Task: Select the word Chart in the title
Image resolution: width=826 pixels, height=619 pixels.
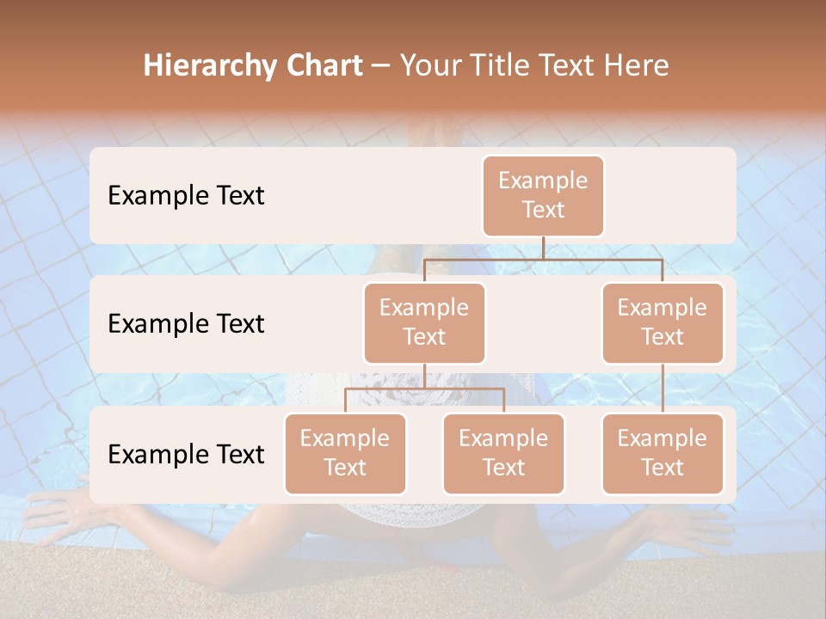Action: point(320,66)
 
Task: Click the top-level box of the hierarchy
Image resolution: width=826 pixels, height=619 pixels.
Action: point(543,195)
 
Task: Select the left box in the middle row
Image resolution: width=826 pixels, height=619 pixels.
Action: point(424,322)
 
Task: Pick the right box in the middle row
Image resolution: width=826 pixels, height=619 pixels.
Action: point(663,322)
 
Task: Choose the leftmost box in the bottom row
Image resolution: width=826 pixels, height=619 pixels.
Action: point(345,453)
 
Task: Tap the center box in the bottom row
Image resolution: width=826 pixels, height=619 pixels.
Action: point(503,453)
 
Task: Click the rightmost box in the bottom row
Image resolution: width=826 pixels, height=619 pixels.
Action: point(663,453)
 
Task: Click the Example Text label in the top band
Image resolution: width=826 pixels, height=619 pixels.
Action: point(186,196)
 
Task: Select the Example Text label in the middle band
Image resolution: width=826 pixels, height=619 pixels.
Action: point(186,324)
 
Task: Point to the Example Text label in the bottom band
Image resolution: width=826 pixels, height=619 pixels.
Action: point(186,454)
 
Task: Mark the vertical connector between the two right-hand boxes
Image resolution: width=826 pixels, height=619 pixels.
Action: point(663,389)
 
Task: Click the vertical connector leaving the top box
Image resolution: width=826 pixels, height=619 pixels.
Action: point(543,248)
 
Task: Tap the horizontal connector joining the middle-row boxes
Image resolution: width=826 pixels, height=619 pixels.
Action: point(543,259)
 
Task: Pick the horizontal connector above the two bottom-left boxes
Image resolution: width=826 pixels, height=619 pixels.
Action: point(424,389)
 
